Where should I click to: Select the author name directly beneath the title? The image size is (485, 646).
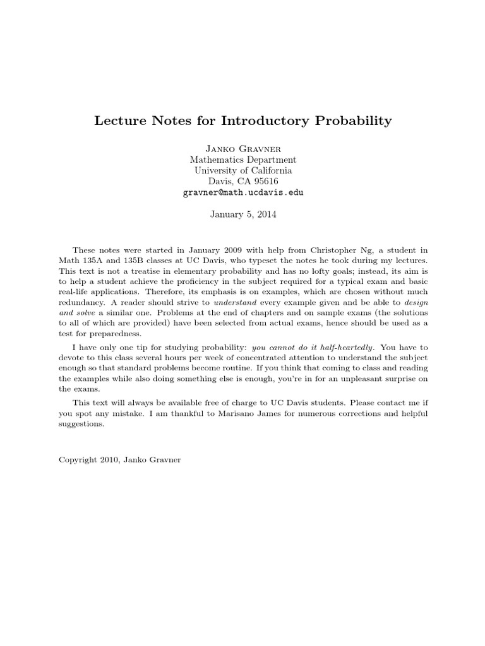pyautogui.click(x=242, y=149)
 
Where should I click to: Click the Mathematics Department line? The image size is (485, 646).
pyautogui.click(x=242, y=160)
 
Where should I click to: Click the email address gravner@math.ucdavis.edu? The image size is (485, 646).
pyautogui.click(x=242, y=192)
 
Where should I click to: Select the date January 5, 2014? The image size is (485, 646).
pyautogui.click(x=242, y=214)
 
